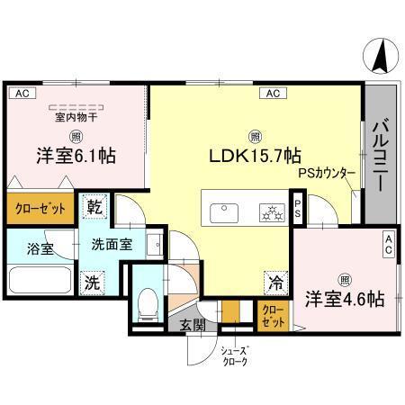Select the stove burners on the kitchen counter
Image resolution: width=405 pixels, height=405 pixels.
[267, 212]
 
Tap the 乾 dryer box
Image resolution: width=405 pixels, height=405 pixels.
[93, 208]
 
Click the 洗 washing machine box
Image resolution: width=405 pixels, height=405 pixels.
[92, 280]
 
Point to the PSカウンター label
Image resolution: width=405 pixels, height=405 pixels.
[326, 171]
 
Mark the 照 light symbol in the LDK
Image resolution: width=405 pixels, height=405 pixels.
[256, 136]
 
